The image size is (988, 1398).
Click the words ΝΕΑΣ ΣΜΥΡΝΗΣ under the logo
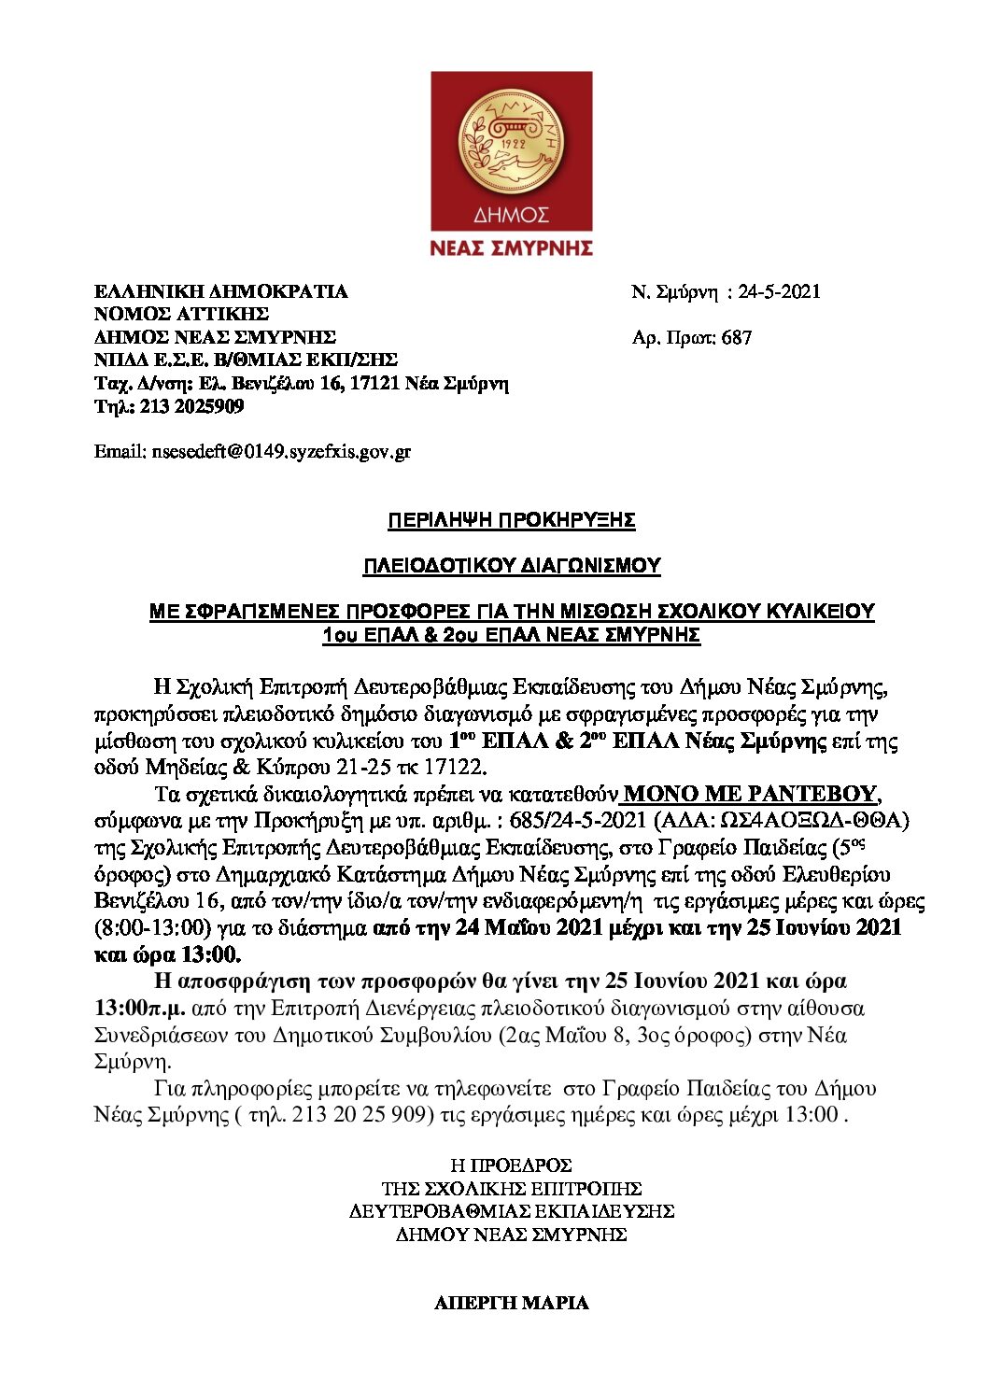coord(511,247)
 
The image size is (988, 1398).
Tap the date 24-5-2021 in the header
coord(779,291)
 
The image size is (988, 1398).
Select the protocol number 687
coord(736,337)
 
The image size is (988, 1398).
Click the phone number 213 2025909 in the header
coord(192,406)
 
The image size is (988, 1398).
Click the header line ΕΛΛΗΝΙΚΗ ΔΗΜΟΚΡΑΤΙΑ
coord(220,291)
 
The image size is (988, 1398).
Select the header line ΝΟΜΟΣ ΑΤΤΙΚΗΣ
coord(181,315)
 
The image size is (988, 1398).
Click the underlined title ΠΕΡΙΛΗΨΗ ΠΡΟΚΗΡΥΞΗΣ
coord(512,520)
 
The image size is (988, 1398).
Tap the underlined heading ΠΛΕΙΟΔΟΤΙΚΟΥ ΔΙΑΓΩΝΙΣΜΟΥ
coord(512,566)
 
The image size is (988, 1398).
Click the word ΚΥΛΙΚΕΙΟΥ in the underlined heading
coord(816,612)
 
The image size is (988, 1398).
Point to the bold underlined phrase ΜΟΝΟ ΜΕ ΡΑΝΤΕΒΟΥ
coord(750,794)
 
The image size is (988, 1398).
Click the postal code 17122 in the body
coord(456,768)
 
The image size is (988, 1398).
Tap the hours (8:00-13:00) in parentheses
coord(152,928)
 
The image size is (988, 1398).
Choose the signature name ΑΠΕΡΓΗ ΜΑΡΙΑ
coord(512,1303)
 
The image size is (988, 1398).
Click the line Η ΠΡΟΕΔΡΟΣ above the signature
coord(511,1165)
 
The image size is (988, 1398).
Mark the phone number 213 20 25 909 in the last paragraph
coord(360,1114)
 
